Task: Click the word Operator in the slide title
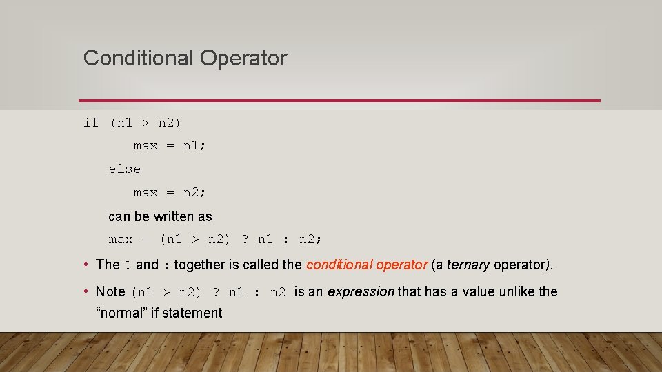pyautogui.click(x=243, y=58)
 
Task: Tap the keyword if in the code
pyautogui.click(x=91, y=123)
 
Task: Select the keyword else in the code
pyautogui.click(x=124, y=169)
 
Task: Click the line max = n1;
pyautogui.click(x=170, y=146)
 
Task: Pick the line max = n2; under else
pyautogui.click(x=170, y=192)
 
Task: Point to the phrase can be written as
pyautogui.click(x=160, y=216)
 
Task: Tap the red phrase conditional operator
pyautogui.click(x=367, y=265)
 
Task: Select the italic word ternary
pyautogui.click(x=468, y=265)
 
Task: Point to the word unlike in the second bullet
pyautogui.click(x=518, y=291)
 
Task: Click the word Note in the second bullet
pyautogui.click(x=110, y=291)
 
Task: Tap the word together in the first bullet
pyautogui.click(x=200, y=265)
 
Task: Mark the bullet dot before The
pyautogui.click(x=84, y=265)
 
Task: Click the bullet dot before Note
pyautogui.click(x=84, y=291)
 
